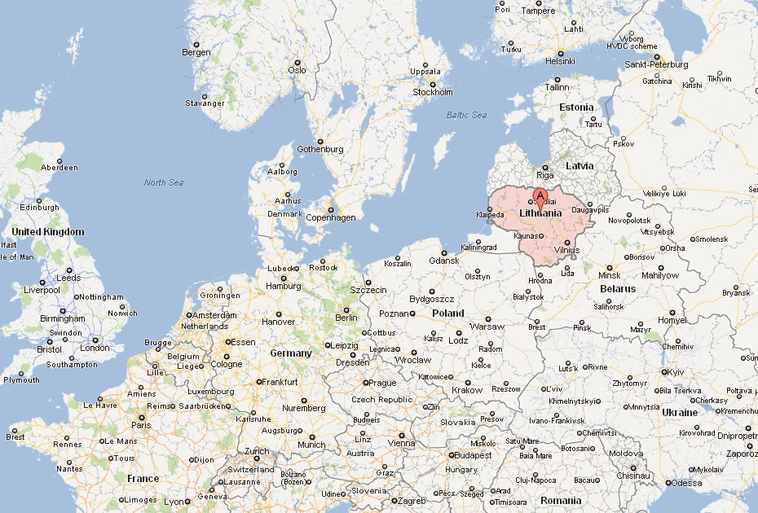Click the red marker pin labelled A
pyautogui.click(x=540, y=196)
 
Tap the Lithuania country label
pyautogui.click(x=540, y=213)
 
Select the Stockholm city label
pyautogui.click(x=433, y=92)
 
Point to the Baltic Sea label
pyautogui.click(x=466, y=115)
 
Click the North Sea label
pyautogui.click(x=164, y=182)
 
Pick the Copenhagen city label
pyautogui.click(x=331, y=217)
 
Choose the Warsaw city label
pyautogui.click(x=487, y=327)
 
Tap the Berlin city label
pyautogui.click(x=346, y=318)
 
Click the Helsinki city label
pyautogui.click(x=560, y=61)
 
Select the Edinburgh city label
pyautogui.click(x=40, y=208)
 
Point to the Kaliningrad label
pyautogui.click(x=478, y=248)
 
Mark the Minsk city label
pyautogui.click(x=609, y=275)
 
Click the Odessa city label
pyautogui.click(x=685, y=484)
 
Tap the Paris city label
pyautogui.click(x=142, y=424)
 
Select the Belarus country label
pyautogui.click(x=617, y=289)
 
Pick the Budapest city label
pyautogui.click(x=473, y=455)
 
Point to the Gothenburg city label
pyautogui.click(x=320, y=149)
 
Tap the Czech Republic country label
pyautogui.click(x=382, y=400)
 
